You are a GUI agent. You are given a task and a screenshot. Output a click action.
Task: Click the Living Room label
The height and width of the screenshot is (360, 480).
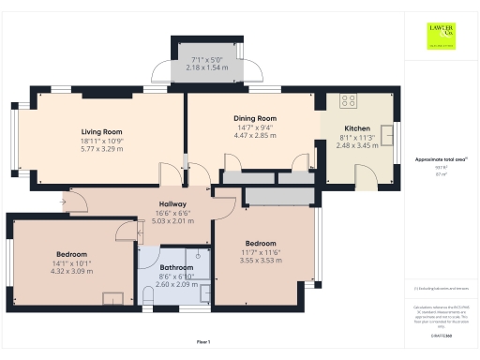[x=103, y=132]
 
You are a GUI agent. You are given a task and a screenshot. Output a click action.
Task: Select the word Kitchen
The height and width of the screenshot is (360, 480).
[x=357, y=128]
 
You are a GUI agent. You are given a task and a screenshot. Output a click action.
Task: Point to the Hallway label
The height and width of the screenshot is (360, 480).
[x=172, y=203]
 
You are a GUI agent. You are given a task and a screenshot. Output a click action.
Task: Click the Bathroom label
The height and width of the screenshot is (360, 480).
[x=175, y=252]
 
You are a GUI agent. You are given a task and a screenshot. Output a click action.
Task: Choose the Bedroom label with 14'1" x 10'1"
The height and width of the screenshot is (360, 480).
[x=71, y=254]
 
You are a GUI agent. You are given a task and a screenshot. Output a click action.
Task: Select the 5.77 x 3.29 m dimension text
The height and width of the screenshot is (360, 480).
[x=103, y=149]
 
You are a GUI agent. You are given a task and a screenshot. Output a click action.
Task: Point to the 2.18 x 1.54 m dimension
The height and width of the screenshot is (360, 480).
[x=208, y=68]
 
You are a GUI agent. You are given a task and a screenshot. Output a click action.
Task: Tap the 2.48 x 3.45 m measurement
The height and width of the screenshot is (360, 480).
[x=357, y=145]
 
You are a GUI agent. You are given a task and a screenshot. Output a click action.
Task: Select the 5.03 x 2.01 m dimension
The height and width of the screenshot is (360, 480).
[x=172, y=221]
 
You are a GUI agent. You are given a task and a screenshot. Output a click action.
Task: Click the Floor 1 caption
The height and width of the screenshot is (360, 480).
[x=202, y=341]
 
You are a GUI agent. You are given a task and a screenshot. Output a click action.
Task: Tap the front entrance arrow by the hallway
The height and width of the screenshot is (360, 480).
[x=64, y=198]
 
